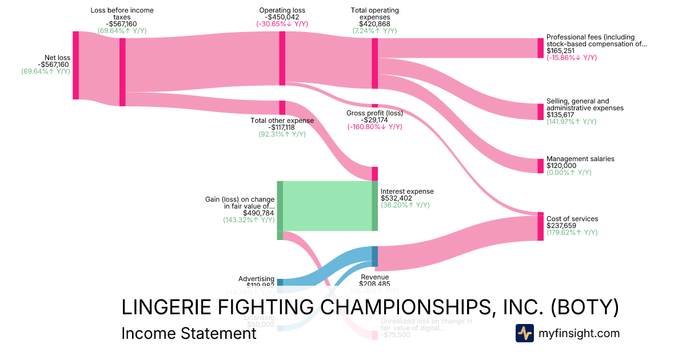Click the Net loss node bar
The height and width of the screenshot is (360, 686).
coord(75,65)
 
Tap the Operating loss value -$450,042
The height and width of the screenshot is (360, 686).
coord(282,17)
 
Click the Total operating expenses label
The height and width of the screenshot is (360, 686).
coord(374,14)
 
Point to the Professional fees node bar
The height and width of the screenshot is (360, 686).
coord(540,48)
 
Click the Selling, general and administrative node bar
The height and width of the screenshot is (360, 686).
coord(540,111)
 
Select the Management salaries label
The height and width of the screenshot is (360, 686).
coord(580,159)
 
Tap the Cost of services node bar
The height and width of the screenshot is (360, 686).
coord(540,226)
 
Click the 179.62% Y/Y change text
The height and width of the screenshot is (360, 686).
coord(572,233)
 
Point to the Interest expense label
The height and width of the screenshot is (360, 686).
coord(407,191)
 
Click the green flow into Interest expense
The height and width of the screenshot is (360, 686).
coord(327,206)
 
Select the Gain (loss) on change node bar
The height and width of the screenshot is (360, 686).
coord(280,210)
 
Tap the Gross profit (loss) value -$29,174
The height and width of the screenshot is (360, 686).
coord(374,120)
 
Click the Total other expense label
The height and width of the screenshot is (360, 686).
coord(282,121)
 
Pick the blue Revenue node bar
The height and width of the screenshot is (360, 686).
coord(374,257)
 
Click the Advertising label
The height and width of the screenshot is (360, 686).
coord(256,279)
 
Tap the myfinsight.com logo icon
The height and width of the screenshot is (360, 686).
coord(524,333)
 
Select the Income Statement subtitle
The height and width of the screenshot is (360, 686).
coord(189,333)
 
